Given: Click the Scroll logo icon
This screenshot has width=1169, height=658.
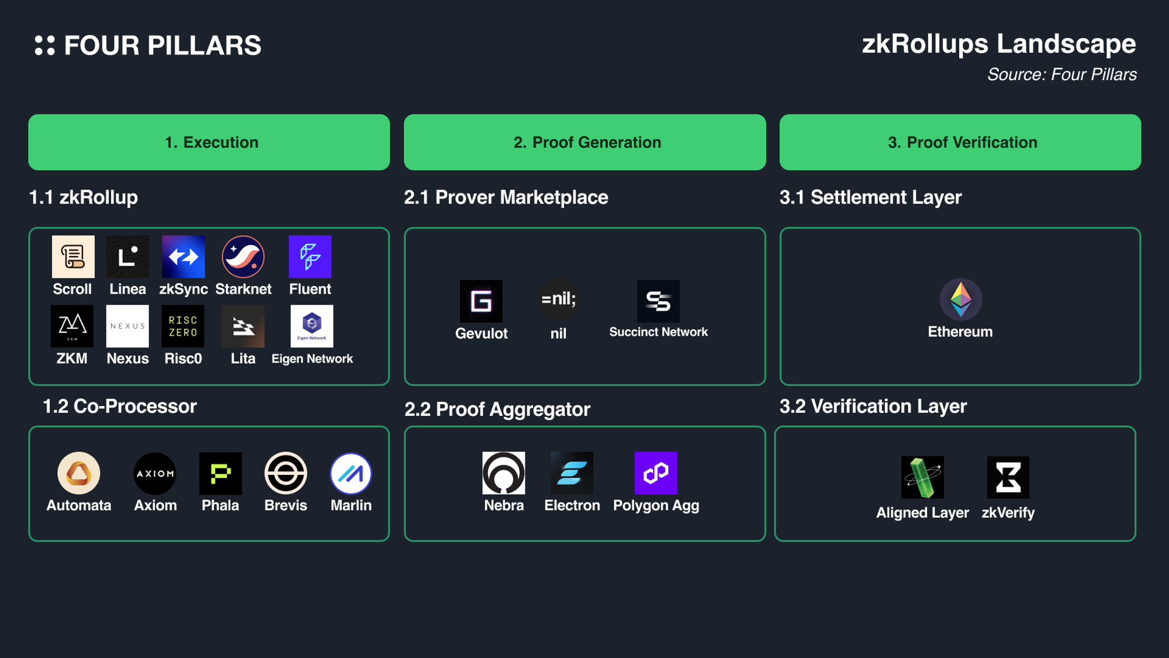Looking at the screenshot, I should click(x=73, y=257).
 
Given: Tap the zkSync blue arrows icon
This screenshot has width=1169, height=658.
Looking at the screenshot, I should click(x=184, y=257).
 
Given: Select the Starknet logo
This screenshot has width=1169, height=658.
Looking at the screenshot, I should click(x=243, y=257).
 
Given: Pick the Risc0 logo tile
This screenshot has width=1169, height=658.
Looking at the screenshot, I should click(x=183, y=326).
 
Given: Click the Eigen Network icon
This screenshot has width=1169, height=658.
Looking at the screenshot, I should click(x=312, y=326).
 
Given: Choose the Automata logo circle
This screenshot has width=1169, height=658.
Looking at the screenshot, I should click(x=79, y=473).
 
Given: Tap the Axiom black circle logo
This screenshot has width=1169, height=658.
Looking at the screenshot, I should click(x=155, y=473).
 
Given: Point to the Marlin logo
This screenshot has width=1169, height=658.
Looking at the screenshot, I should click(x=351, y=473).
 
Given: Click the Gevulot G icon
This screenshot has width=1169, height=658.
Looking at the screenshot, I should click(x=481, y=301).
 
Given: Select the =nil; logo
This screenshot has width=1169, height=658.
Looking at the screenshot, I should click(x=558, y=299).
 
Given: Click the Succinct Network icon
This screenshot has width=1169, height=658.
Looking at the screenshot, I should click(x=658, y=301).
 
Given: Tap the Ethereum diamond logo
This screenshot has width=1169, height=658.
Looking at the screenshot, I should click(x=960, y=299).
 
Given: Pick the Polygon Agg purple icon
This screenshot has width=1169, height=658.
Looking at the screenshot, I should click(x=656, y=473).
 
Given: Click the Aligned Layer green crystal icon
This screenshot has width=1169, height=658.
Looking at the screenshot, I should click(x=922, y=477).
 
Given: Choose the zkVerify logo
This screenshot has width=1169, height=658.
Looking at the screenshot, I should click(x=1008, y=477).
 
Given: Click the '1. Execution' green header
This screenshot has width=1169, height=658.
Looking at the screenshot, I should click(x=209, y=142).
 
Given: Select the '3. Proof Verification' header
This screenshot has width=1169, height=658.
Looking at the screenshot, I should click(x=960, y=142).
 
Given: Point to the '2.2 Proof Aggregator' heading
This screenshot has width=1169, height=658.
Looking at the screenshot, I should click(x=497, y=409).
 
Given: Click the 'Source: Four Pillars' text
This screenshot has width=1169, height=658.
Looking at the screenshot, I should click(x=1061, y=75).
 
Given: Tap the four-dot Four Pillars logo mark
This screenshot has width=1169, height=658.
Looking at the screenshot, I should click(x=45, y=46).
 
